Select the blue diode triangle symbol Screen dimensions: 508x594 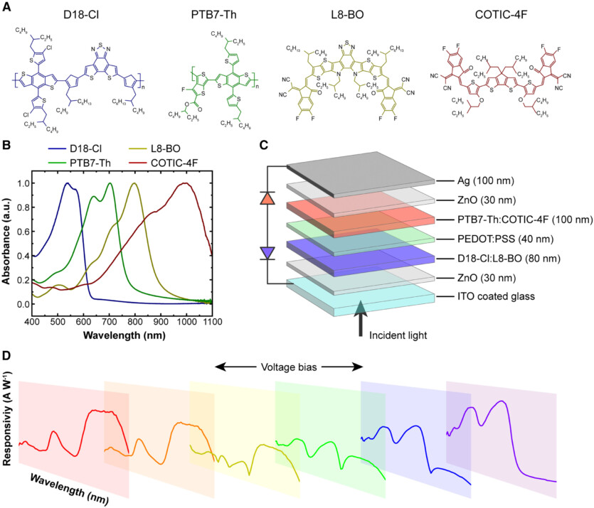pos(265,252)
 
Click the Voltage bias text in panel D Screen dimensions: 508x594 pos(290,367)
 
